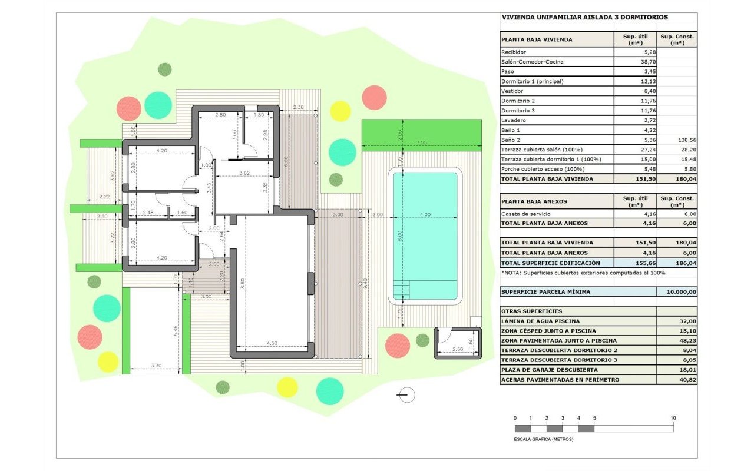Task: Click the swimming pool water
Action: coord(425,235)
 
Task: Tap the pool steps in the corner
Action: coord(402,290)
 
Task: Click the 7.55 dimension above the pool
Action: coord(421,142)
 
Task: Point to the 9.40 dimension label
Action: coord(366,283)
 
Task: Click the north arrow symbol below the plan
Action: coord(406,395)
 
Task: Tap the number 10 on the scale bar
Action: coord(673,418)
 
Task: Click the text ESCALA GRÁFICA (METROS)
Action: coord(543,439)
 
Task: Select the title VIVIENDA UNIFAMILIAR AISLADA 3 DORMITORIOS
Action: coord(585,17)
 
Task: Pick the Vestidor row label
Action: coord(512,91)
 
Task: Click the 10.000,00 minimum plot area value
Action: coord(682,292)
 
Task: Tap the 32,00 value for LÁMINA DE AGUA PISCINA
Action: coord(687,321)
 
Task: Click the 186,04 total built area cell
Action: coord(686,263)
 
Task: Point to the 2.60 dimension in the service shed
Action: coord(458,349)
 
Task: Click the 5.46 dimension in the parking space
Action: coord(176,331)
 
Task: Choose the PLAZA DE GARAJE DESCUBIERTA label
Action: coord(550,370)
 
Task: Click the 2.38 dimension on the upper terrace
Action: coord(298,107)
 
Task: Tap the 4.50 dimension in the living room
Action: coord(272,343)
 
